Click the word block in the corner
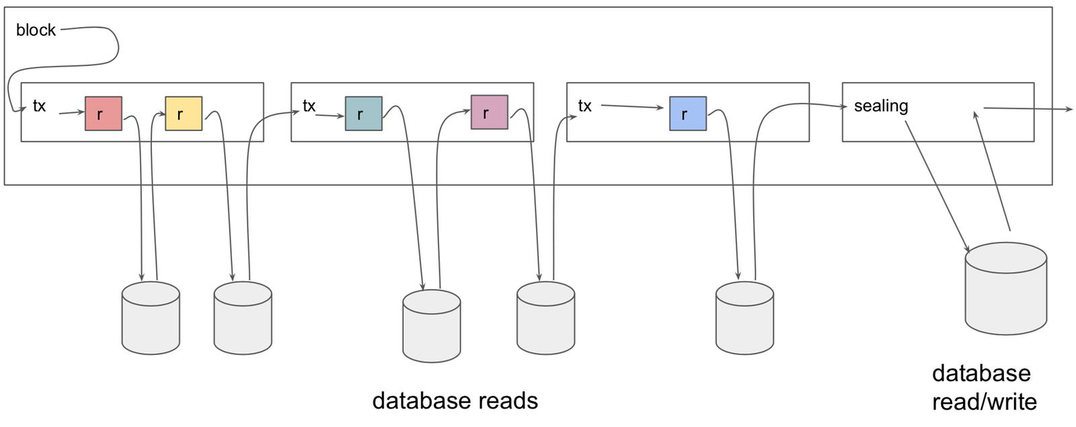pyautogui.click(x=36, y=30)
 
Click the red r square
pyautogui.click(x=104, y=114)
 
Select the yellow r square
pyautogui.click(x=184, y=114)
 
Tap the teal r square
pyautogui.click(x=364, y=114)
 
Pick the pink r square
pyautogui.click(x=490, y=112)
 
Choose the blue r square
pyautogui.click(x=688, y=114)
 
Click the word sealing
pyautogui.click(x=881, y=106)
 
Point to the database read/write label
pyautogui.click(x=983, y=387)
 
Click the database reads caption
pyautogui.click(x=455, y=401)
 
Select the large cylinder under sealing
pyautogui.click(x=1005, y=289)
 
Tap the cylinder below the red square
pyautogui.click(x=151, y=318)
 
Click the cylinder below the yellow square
pyautogui.click(x=243, y=318)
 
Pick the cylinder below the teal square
pyautogui.click(x=432, y=326)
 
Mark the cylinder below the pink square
pyautogui.click(x=546, y=318)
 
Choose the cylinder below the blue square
pyautogui.click(x=744, y=318)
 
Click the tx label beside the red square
pyautogui.click(x=40, y=106)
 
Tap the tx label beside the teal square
pyautogui.click(x=309, y=106)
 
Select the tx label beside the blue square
pyautogui.click(x=585, y=106)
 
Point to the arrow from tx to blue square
pyautogui.click(x=632, y=106)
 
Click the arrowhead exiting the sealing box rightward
pyautogui.click(x=1069, y=109)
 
